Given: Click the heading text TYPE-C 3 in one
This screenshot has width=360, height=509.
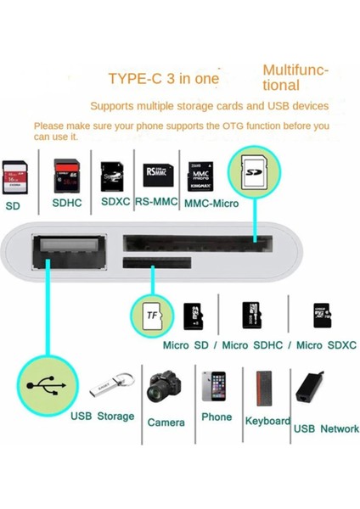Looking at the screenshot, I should pyautogui.click(x=163, y=79).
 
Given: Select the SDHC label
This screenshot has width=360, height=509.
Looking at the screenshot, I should pyautogui.click(x=68, y=204).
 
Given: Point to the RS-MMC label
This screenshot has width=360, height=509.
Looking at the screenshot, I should pyautogui.click(x=155, y=203).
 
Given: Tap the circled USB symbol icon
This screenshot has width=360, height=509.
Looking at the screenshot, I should pyautogui.click(x=44, y=384).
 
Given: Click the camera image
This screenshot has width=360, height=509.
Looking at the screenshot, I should pyautogui.click(x=165, y=388).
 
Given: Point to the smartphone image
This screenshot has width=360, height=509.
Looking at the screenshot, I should pyautogui.click(x=215, y=386).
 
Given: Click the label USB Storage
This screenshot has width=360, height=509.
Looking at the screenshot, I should pyautogui.click(x=102, y=417).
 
